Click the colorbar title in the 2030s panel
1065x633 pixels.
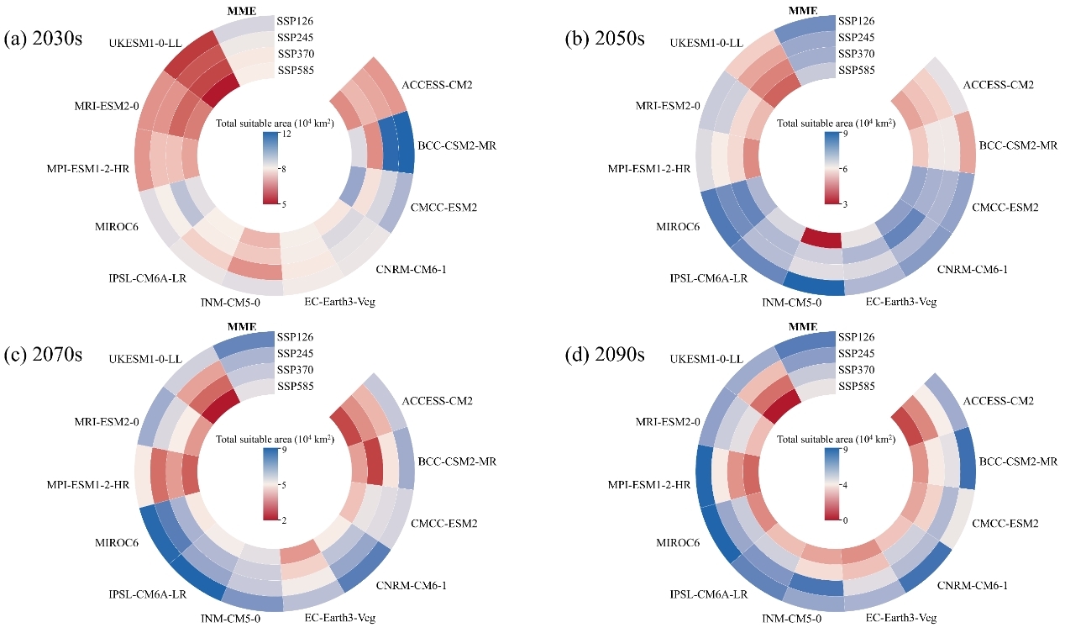[275, 123]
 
